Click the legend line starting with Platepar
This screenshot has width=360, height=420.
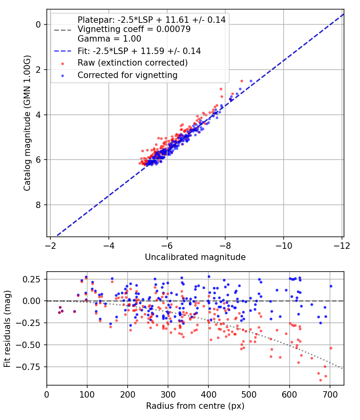(151, 20)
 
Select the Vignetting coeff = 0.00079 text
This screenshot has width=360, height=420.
(134, 29)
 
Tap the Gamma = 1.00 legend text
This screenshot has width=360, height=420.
(109, 39)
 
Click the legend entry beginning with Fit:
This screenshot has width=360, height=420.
(139, 51)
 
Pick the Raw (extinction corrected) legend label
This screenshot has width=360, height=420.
(132, 63)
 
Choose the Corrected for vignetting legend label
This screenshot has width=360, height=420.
(128, 75)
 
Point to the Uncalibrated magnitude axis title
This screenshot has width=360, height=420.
(195, 257)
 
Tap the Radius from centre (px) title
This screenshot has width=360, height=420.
(195, 406)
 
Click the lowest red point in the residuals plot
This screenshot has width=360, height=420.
(320, 380)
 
